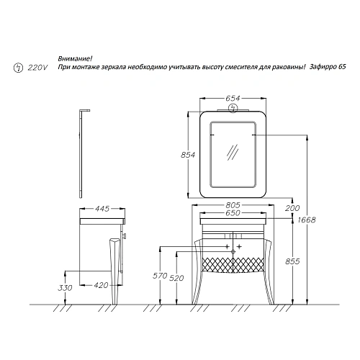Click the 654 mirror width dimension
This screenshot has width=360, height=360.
tap(233, 99)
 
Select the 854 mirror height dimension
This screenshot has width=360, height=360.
tap(188, 155)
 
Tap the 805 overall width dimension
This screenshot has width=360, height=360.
tap(233, 205)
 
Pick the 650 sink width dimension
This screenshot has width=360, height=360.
tap(233, 213)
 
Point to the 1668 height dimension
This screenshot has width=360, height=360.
tap(307, 220)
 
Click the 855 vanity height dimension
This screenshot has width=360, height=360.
tap(292, 261)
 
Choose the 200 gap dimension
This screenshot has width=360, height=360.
tap(292, 208)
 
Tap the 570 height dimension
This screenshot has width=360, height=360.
tap(160, 276)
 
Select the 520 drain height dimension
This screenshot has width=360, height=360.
tap(176, 278)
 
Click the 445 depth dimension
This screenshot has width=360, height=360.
tap(102, 209)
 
